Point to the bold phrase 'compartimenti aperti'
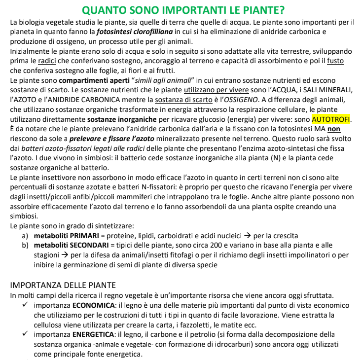pos(94,80)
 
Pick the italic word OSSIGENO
pos(221,100)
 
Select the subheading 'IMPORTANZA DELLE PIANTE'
pos(63,285)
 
